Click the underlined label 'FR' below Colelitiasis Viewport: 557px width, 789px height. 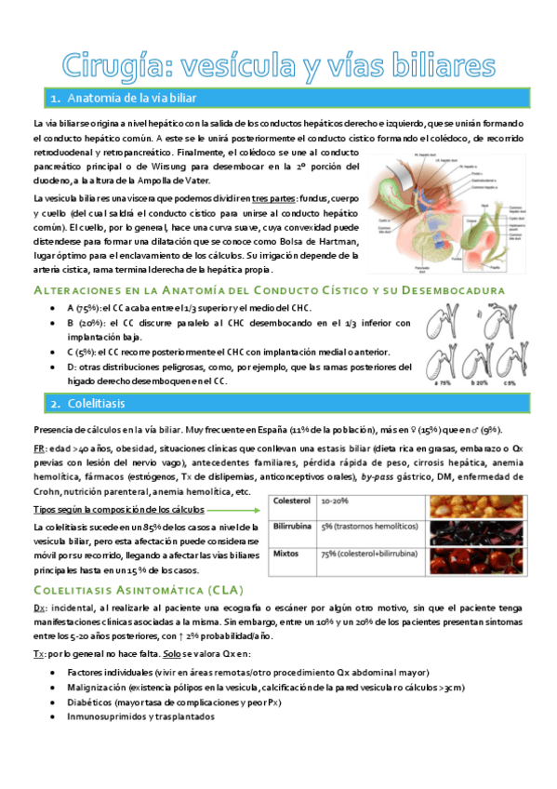[x=38, y=447]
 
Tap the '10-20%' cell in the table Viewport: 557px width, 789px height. [x=336, y=501]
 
